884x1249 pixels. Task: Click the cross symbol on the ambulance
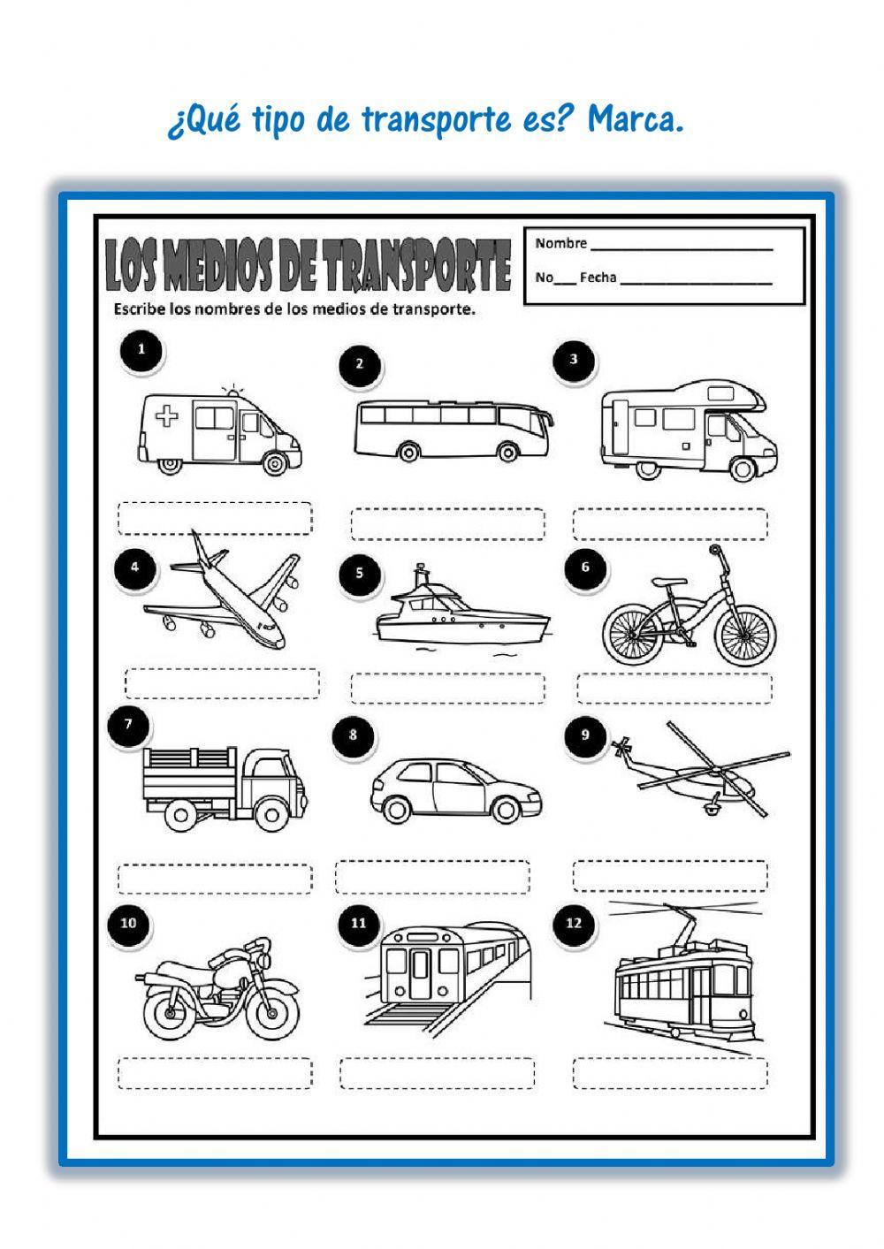166,416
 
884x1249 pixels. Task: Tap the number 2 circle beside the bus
360,363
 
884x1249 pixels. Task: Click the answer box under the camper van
670,524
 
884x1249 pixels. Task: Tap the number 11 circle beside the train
358,924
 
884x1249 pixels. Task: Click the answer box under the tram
670,1073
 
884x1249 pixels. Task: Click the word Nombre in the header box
560,243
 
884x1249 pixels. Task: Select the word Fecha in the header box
598,278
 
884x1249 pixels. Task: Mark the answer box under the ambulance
215,518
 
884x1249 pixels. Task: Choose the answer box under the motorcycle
215,1073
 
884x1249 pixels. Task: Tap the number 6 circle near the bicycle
584,567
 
